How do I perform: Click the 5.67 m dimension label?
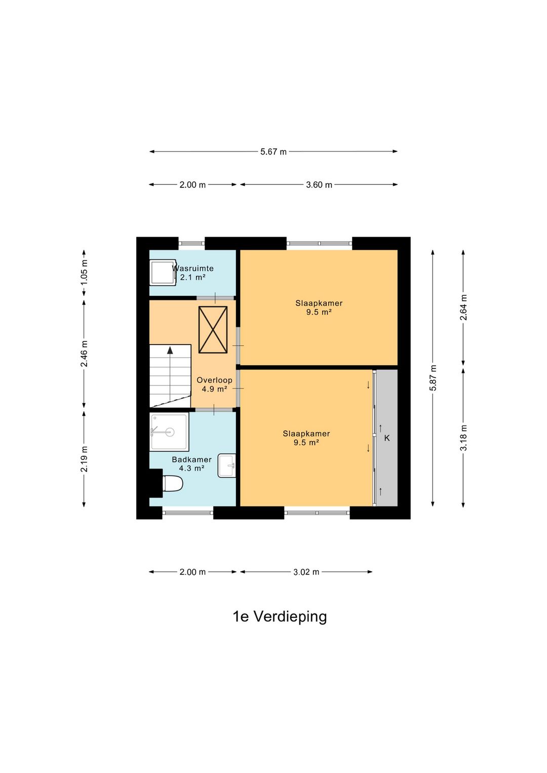[x=273, y=151]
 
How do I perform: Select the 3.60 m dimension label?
[x=319, y=185]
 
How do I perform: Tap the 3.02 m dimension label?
[x=306, y=572]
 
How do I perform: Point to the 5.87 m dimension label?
[x=433, y=378]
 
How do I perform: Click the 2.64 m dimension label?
[x=463, y=307]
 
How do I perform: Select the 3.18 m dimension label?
[x=463, y=438]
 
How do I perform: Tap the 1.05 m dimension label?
[x=84, y=272]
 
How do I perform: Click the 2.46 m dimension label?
[x=84, y=354]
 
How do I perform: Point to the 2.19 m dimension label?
[x=84, y=459]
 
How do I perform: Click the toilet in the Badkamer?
[x=172, y=483]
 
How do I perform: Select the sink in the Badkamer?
[x=227, y=466]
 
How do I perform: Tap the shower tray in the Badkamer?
[x=169, y=432]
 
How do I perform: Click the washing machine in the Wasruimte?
[x=163, y=273]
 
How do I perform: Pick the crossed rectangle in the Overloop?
[x=213, y=330]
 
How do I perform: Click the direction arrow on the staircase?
[x=170, y=350]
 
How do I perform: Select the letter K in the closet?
[x=387, y=438]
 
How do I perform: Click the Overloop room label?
[x=214, y=380]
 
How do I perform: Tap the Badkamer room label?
[x=191, y=459]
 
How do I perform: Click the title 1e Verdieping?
[x=280, y=616]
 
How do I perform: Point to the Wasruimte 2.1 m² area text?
[x=193, y=278]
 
